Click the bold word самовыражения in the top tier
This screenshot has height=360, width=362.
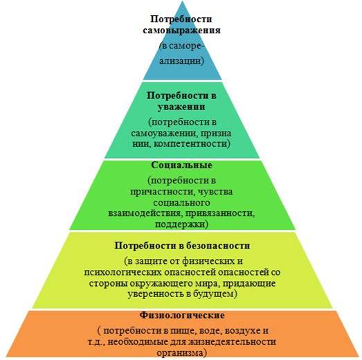[x=182, y=30]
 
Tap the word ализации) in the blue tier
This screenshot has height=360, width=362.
[x=182, y=61]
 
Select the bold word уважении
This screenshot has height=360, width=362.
[x=181, y=107]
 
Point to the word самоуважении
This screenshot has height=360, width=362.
[x=164, y=134]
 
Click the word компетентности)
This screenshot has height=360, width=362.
[x=192, y=144]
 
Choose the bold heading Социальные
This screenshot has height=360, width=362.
[x=182, y=165]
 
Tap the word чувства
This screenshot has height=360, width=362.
[x=215, y=192]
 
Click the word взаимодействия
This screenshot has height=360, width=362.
[x=145, y=213]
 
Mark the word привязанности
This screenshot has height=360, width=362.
[x=220, y=213]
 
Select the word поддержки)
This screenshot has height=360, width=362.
[x=182, y=224]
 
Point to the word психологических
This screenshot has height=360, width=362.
[x=123, y=273]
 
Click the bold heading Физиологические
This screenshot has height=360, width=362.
[x=182, y=316]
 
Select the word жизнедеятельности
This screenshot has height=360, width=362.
[x=233, y=342]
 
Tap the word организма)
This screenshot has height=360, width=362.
[x=182, y=353]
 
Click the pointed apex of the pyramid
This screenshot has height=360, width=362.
[x=183, y=1]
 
